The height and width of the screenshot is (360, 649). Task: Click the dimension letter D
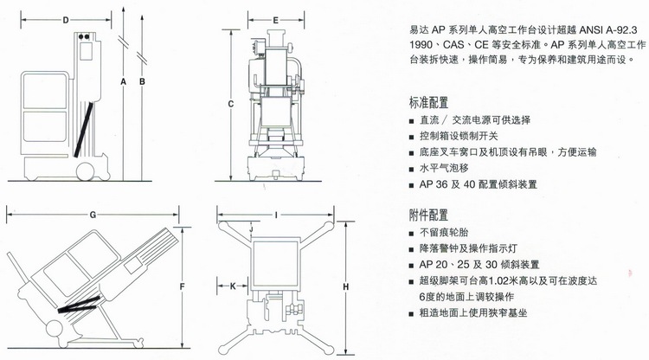(66, 19)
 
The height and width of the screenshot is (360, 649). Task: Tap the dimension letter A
(125, 83)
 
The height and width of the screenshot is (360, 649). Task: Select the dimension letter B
(143, 83)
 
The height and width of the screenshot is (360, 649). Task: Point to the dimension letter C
(231, 104)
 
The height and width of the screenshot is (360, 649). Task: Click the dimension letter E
(274, 19)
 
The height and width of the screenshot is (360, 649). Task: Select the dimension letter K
(233, 284)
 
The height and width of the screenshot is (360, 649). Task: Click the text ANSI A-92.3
(596, 27)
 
